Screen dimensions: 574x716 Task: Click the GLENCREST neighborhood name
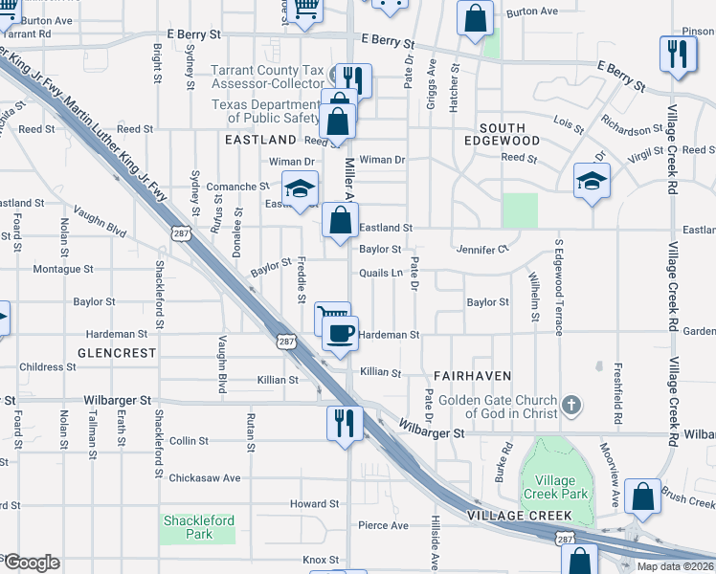(117, 353)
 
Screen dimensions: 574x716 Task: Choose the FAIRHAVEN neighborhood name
(472, 376)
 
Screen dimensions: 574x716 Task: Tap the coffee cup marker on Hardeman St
(340, 334)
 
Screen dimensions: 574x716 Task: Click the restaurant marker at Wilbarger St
(345, 421)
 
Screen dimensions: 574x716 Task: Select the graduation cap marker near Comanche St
(301, 188)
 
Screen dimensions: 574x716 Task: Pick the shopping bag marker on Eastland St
(340, 220)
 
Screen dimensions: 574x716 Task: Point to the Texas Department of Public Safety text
(266, 111)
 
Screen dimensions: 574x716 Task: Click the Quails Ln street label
(380, 274)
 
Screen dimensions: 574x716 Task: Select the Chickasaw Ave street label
(205, 477)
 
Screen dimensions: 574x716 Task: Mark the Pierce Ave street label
(383, 525)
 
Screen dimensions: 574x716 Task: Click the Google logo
(31, 563)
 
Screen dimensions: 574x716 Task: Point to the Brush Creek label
(688, 498)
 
